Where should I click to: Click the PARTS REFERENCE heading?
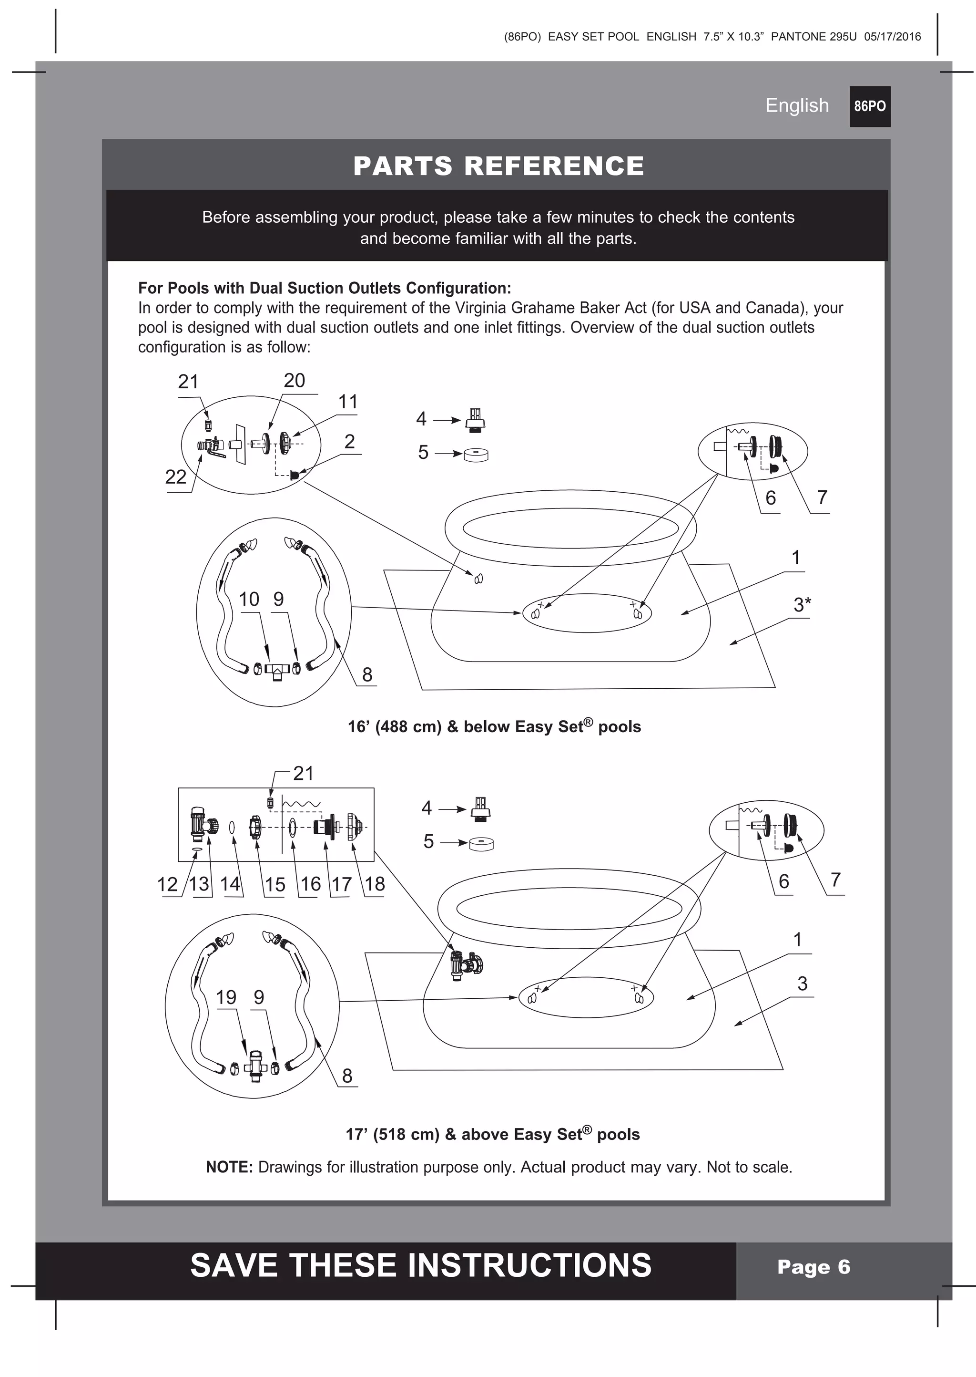tap(498, 166)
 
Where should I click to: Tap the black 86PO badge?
tap(870, 106)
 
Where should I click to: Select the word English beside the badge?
tap(796, 105)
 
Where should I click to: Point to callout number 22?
tap(175, 477)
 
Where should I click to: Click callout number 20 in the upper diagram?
tap(294, 381)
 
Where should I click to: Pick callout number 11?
tap(348, 402)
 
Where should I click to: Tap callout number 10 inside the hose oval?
tap(249, 599)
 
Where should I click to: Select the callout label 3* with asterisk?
tap(802, 605)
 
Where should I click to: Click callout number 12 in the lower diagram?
tap(167, 884)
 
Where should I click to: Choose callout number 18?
tap(375, 884)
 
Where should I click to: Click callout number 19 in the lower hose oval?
tap(226, 997)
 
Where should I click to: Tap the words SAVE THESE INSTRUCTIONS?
tap(421, 1265)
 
